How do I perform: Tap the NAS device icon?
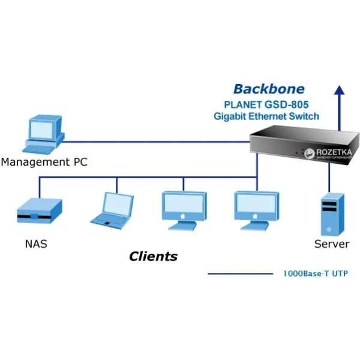click(39, 211)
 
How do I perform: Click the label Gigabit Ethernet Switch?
click(266, 116)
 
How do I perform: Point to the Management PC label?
click(44, 162)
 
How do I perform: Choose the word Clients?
click(154, 257)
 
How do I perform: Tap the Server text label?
click(332, 244)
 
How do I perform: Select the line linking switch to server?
click(329, 177)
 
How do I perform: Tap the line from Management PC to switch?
click(156, 142)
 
